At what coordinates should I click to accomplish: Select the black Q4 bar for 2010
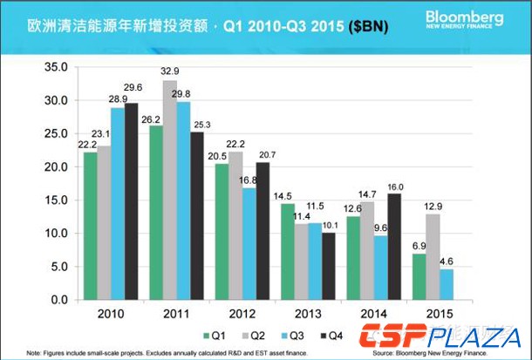[x=132, y=201]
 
